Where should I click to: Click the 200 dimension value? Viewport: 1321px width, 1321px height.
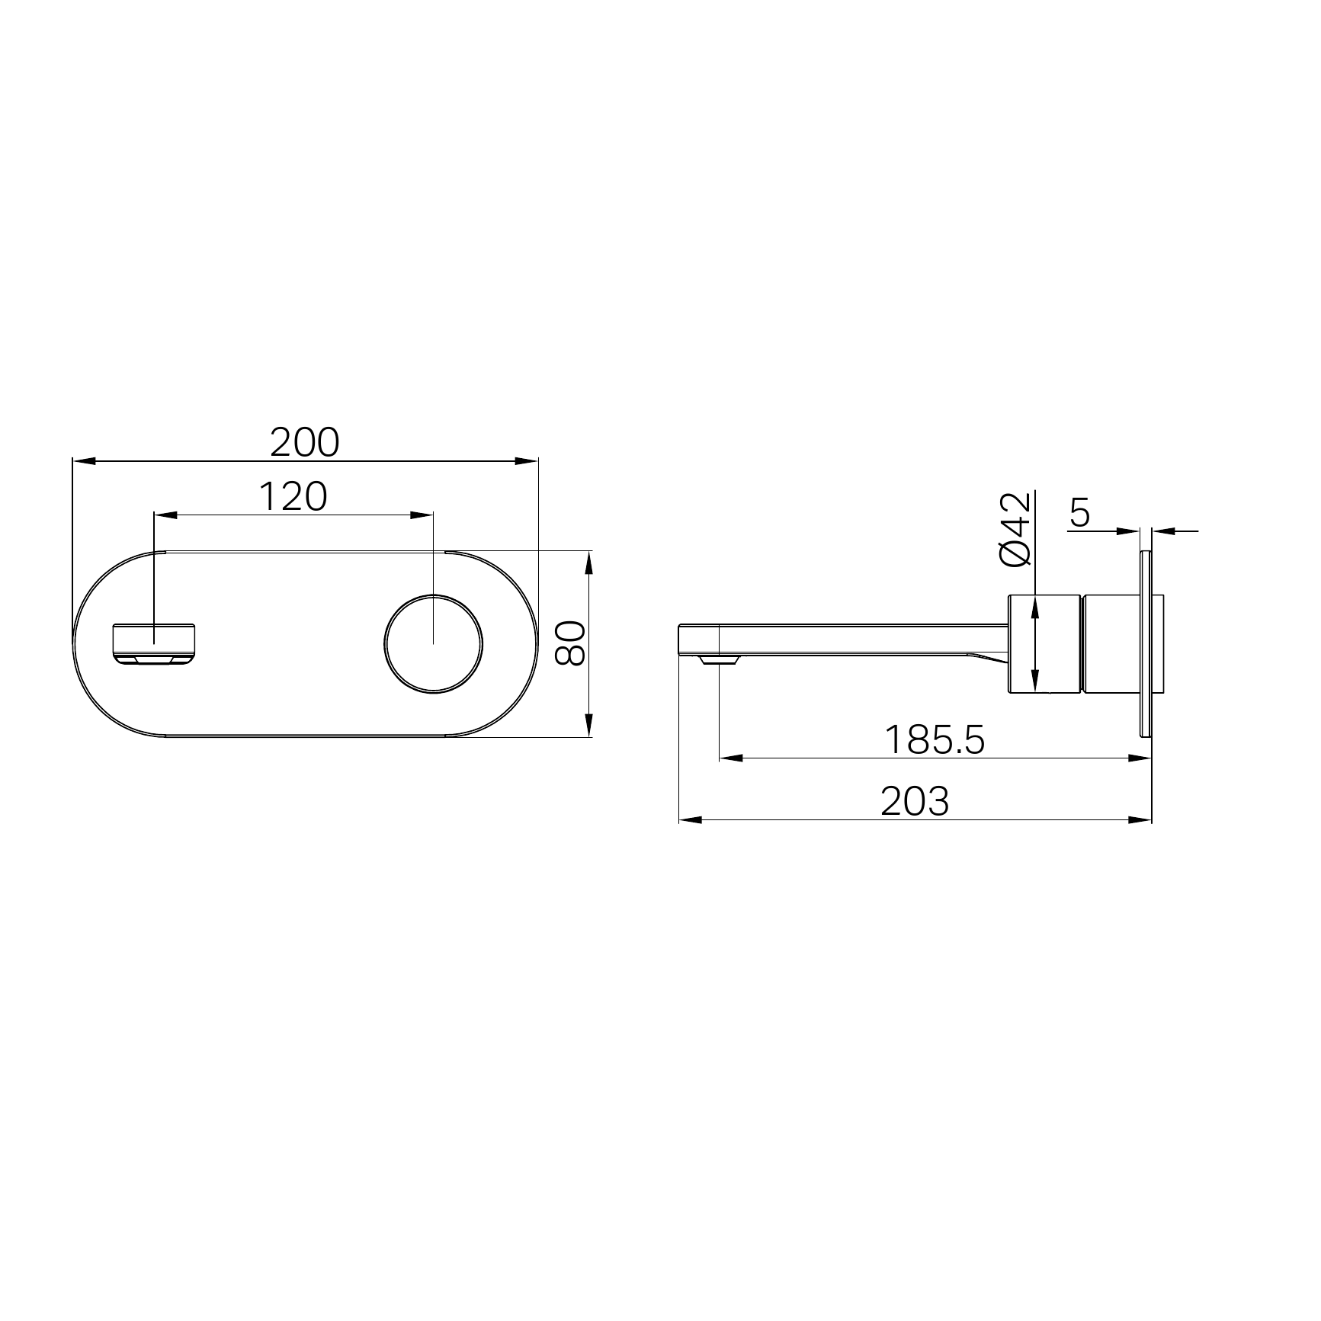click(305, 443)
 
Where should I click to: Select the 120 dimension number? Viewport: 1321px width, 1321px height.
click(293, 497)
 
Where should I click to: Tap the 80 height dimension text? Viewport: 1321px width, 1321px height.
click(570, 643)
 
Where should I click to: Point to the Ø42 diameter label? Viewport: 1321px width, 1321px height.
click(1015, 529)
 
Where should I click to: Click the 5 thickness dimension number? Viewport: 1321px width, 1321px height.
click(1080, 514)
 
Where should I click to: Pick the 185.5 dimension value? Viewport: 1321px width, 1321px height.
click(935, 739)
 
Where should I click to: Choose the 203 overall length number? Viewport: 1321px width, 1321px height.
click(915, 801)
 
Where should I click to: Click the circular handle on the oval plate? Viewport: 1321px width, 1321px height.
click(434, 643)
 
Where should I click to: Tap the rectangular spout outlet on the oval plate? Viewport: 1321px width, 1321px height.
click(155, 643)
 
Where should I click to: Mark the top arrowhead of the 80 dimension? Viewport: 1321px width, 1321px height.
click(588, 562)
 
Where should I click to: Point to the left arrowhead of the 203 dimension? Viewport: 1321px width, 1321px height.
click(689, 820)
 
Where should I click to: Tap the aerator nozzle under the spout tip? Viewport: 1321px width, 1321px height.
click(718, 659)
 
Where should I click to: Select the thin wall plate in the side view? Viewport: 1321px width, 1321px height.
click(1145, 643)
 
